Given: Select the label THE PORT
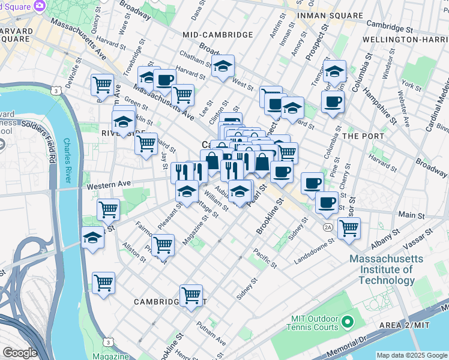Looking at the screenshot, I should coord(363,136).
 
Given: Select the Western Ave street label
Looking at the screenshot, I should coord(109,186).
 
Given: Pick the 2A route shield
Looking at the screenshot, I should coord(327,227).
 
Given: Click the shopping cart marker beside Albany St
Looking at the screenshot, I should coord(349,229).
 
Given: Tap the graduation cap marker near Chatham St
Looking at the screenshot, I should coord(223,67).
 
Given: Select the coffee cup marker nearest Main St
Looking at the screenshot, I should coord(327,203).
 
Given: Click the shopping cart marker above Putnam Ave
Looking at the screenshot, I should coord(191,295).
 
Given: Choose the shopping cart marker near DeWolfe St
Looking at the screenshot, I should coord(103,85).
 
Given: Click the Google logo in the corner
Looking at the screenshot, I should coord(19,353).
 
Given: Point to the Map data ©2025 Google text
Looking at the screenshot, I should coord(411,355).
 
